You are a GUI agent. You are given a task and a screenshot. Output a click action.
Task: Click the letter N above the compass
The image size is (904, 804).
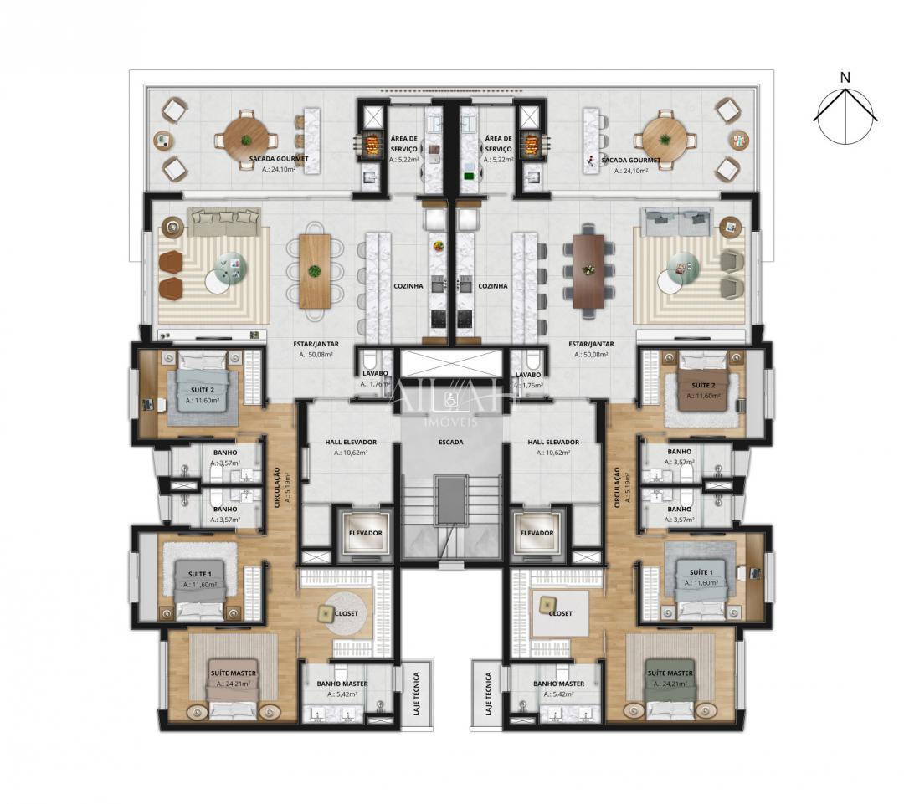click(x=845, y=78)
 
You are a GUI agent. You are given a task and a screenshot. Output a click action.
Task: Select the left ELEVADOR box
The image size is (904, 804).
click(x=365, y=533)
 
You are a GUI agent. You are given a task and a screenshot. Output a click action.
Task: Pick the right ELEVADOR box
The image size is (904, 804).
click(x=537, y=533)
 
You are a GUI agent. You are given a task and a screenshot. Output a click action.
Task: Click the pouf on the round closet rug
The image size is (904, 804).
click(x=325, y=613)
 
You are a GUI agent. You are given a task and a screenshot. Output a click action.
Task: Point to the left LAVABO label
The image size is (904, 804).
click(x=372, y=375)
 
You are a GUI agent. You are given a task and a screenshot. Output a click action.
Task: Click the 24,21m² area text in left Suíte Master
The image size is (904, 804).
click(x=233, y=684)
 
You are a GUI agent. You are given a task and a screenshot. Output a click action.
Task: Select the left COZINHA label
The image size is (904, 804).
click(x=408, y=285)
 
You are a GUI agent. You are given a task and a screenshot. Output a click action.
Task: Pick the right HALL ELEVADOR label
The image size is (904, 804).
click(x=553, y=442)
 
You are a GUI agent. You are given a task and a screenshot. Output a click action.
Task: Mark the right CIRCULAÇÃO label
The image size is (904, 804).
click(x=617, y=488)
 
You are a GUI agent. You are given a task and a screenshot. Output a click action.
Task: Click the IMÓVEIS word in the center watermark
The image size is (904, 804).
click(x=451, y=422)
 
